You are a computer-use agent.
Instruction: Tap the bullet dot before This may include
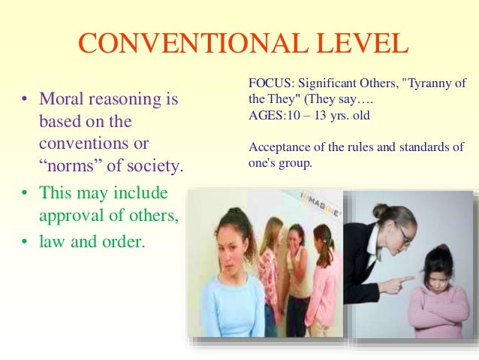24,192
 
